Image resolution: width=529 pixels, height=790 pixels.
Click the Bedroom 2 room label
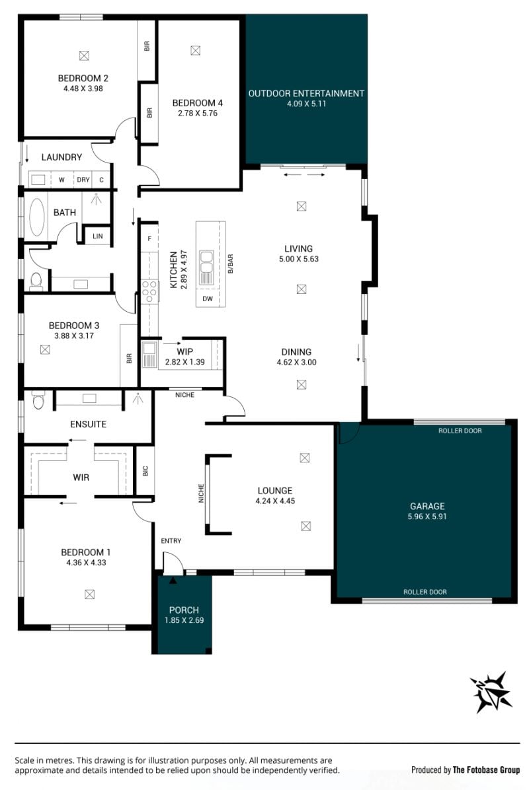pyautogui.click(x=83, y=78)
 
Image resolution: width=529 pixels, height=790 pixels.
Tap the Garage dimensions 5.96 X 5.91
pyautogui.click(x=427, y=517)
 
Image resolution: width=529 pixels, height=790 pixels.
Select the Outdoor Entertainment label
pyautogui.click(x=306, y=93)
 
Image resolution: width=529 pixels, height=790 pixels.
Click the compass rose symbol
pyautogui.click(x=491, y=692)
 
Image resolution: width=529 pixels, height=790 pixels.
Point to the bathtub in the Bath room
pyautogui.click(x=37, y=217)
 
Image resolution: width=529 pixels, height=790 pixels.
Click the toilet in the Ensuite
pyautogui.click(x=39, y=400)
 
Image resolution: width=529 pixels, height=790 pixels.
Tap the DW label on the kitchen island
pyautogui.click(x=207, y=299)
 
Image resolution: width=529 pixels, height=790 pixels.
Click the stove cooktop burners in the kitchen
pyautogui.click(x=149, y=292)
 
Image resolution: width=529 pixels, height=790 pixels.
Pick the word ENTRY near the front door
pyautogui.click(x=171, y=540)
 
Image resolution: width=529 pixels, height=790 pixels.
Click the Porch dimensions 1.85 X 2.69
pyautogui.click(x=184, y=620)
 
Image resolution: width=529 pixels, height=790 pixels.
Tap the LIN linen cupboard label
pyautogui.click(x=98, y=236)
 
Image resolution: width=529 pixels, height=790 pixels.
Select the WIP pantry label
pyautogui.click(x=185, y=351)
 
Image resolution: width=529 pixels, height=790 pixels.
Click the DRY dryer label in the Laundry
pyautogui.click(x=83, y=180)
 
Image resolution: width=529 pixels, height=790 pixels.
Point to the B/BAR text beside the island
pyautogui.click(x=231, y=264)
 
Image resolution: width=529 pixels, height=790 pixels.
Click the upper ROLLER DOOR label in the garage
pyautogui.click(x=460, y=431)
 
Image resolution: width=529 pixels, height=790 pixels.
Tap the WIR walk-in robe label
pyautogui.click(x=81, y=477)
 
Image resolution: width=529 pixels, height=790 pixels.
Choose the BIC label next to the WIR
pyautogui.click(x=145, y=471)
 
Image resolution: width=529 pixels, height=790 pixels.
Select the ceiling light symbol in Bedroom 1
pyautogui.click(x=89, y=594)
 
